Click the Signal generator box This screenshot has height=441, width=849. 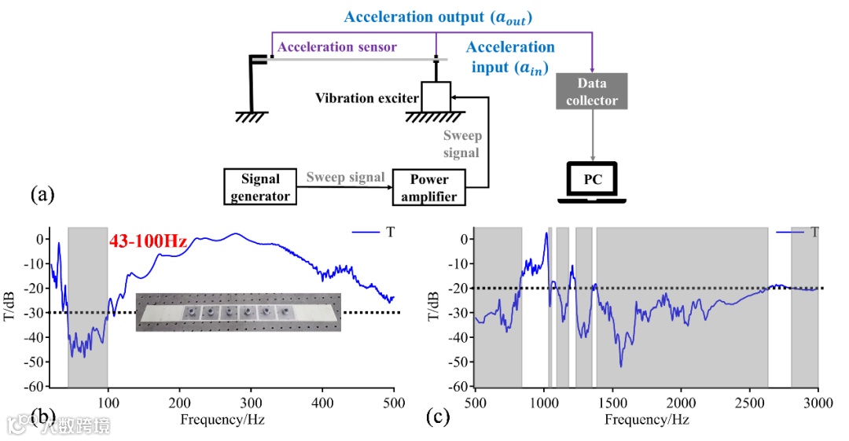[x=259, y=187]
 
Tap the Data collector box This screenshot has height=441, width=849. [x=591, y=91]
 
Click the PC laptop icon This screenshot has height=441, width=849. [x=592, y=182]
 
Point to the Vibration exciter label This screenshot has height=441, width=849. [x=366, y=98]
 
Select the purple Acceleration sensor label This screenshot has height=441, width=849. [x=337, y=47]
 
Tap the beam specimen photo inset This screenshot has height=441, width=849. [x=238, y=312]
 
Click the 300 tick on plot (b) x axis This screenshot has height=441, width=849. [x=251, y=401]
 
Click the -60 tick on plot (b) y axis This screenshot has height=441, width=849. [x=35, y=387]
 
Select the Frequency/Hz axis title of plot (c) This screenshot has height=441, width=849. [x=646, y=420]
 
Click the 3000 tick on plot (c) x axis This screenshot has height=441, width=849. [x=818, y=401]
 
